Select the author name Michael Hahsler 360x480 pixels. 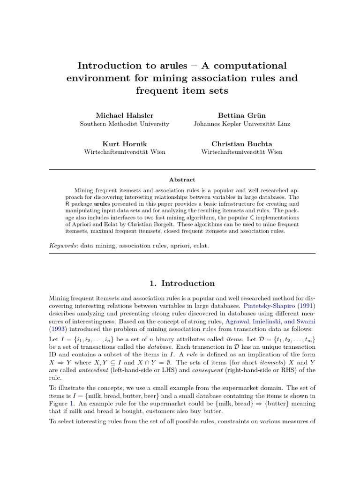point(125,115)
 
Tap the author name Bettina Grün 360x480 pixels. point(241,115)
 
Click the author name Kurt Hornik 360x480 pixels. point(125,143)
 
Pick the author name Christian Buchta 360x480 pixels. point(241,143)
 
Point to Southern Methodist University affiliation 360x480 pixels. point(125,124)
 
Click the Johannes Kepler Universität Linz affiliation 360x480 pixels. point(241,124)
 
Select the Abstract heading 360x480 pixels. point(182,180)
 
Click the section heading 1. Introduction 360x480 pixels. point(182,283)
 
